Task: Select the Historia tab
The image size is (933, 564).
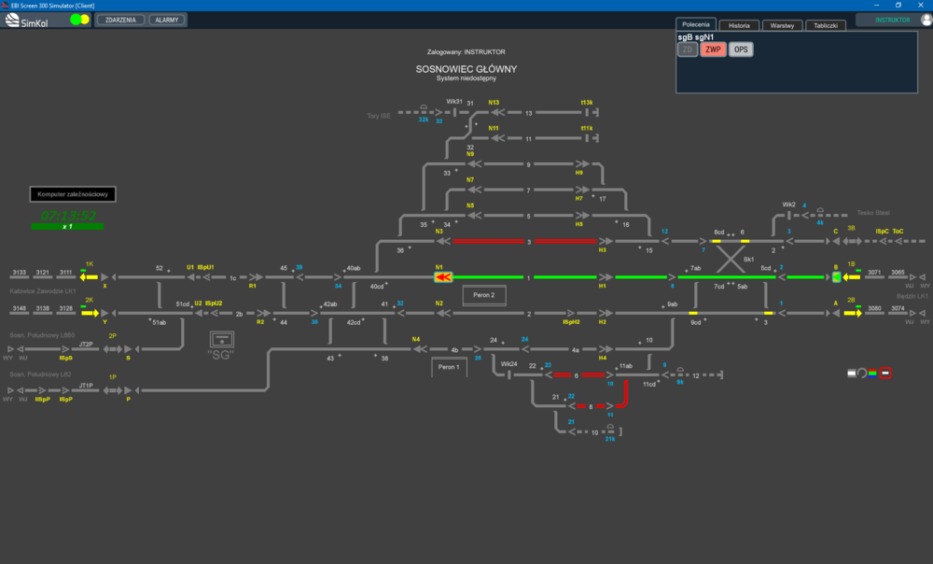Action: (x=738, y=25)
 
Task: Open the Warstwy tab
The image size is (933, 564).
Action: (x=782, y=25)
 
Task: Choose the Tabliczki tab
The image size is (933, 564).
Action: (x=825, y=25)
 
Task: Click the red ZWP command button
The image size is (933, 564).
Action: (x=714, y=49)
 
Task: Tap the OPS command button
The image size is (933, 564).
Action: (x=741, y=49)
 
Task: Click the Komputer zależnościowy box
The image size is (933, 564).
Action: (x=74, y=194)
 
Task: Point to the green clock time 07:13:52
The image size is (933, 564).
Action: (x=68, y=216)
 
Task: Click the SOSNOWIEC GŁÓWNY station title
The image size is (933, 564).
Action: (x=466, y=69)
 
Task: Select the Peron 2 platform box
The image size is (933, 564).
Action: (x=484, y=295)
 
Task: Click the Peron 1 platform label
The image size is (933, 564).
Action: (x=450, y=368)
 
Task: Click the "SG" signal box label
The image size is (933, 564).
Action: (x=220, y=355)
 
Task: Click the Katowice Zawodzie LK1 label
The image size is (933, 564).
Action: (x=42, y=291)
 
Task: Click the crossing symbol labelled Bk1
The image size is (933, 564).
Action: (x=731, y=259)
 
